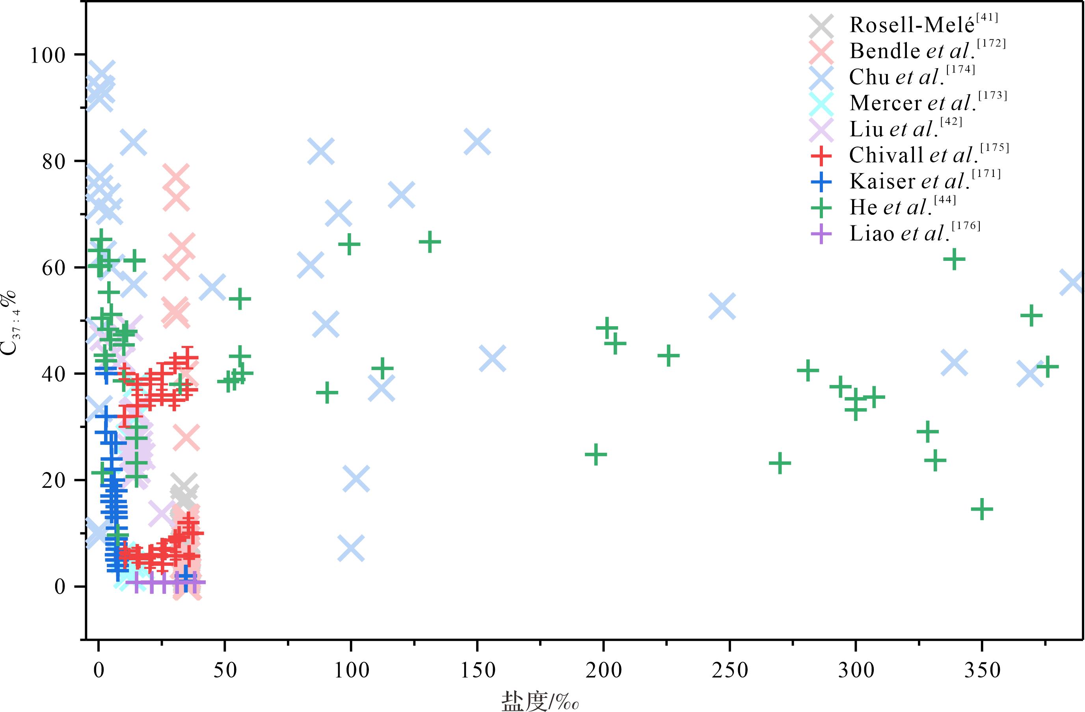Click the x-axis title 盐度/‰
point(540,701)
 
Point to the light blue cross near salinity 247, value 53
point(722,306)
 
